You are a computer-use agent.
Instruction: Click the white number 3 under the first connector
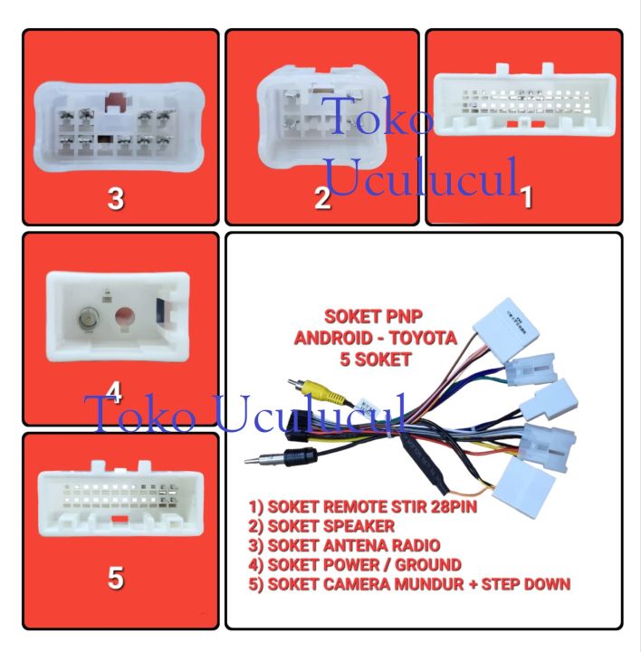(x=116, y=198)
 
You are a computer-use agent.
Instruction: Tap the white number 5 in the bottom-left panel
(x=116, y=578)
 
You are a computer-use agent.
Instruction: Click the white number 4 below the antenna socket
(x=114, y=392)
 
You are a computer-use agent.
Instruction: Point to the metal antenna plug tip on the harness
(x=253, y=460)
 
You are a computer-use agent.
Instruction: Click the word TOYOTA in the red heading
(x=423, y=338)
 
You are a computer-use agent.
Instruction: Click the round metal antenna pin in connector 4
(x=87, y=319)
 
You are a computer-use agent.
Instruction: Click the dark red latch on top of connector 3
(x=117, y=101)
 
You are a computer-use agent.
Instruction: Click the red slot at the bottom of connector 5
(x=120, y=519)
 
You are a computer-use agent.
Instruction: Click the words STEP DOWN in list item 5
(x=526, y=584)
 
